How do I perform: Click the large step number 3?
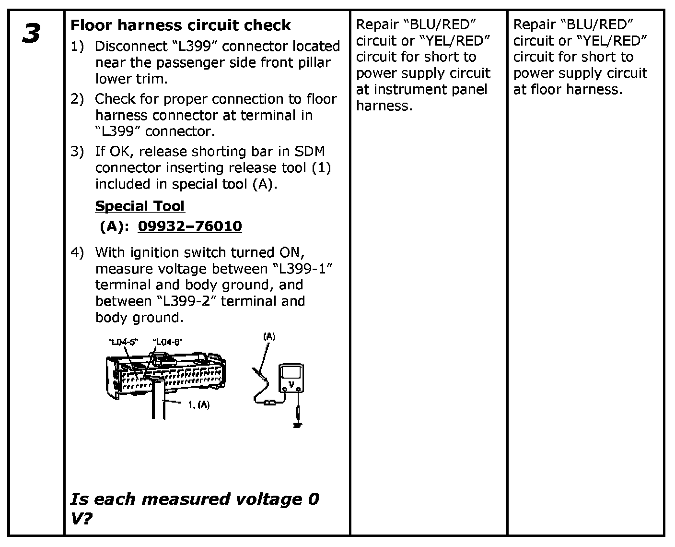point(31,34)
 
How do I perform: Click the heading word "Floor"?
point(91,25)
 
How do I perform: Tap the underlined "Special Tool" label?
point(140,206)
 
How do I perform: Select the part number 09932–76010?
point(189,226)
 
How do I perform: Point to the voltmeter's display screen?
point(291,372)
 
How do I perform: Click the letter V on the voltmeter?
point(291,384)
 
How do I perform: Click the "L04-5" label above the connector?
point(123,342)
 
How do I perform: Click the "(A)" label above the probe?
point(269,336)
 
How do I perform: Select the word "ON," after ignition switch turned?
point(291,252)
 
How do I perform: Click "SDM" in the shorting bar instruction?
point(310,152)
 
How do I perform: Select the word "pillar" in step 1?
point(314,63)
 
